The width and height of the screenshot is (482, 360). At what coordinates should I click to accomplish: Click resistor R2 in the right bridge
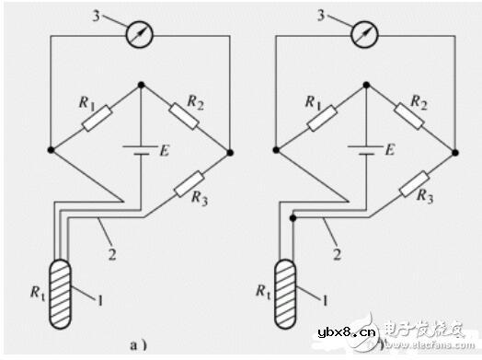tap(412, 116)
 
